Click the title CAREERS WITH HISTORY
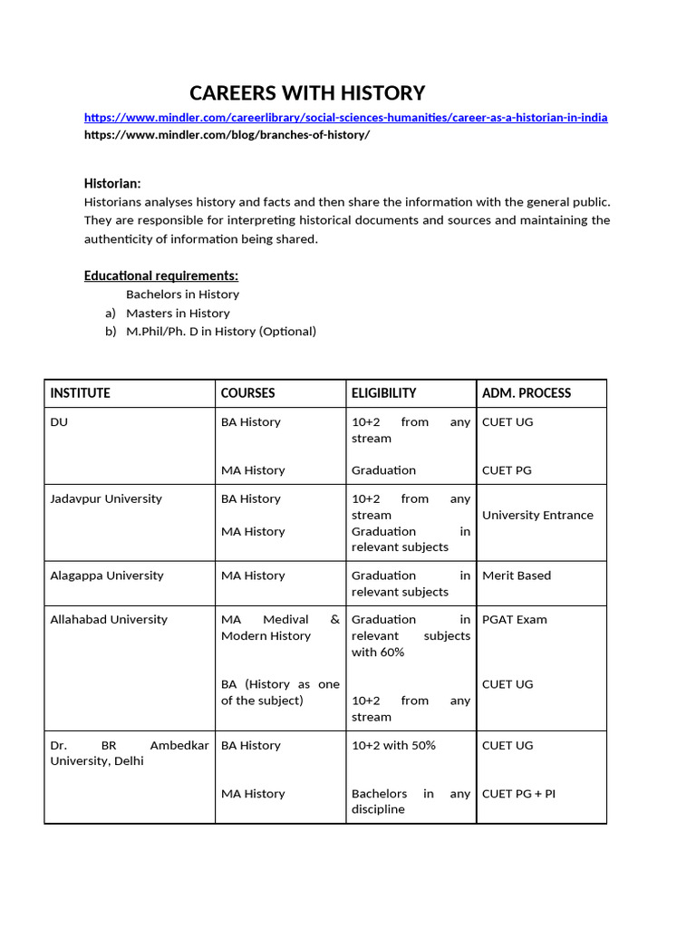(306, 93)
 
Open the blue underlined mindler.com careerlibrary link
(345, 118)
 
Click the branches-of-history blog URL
(227, 135)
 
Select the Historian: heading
(112, 183)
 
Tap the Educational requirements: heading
(161, 275)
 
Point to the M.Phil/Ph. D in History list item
(221, 332)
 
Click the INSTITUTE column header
(81, 393)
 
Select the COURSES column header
(248, 393)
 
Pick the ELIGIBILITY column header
(384, 393)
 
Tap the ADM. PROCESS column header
(527, 393)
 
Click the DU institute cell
(59, 422)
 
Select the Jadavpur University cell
(106, 499)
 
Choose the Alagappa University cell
(107, 576)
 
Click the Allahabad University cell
(109, 620)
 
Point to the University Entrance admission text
(537, 516)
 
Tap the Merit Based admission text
(517, 576)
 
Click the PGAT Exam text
(515, 620)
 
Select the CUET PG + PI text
(519, 794)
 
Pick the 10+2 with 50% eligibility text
(393, 746)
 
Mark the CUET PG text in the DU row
(507, 470)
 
